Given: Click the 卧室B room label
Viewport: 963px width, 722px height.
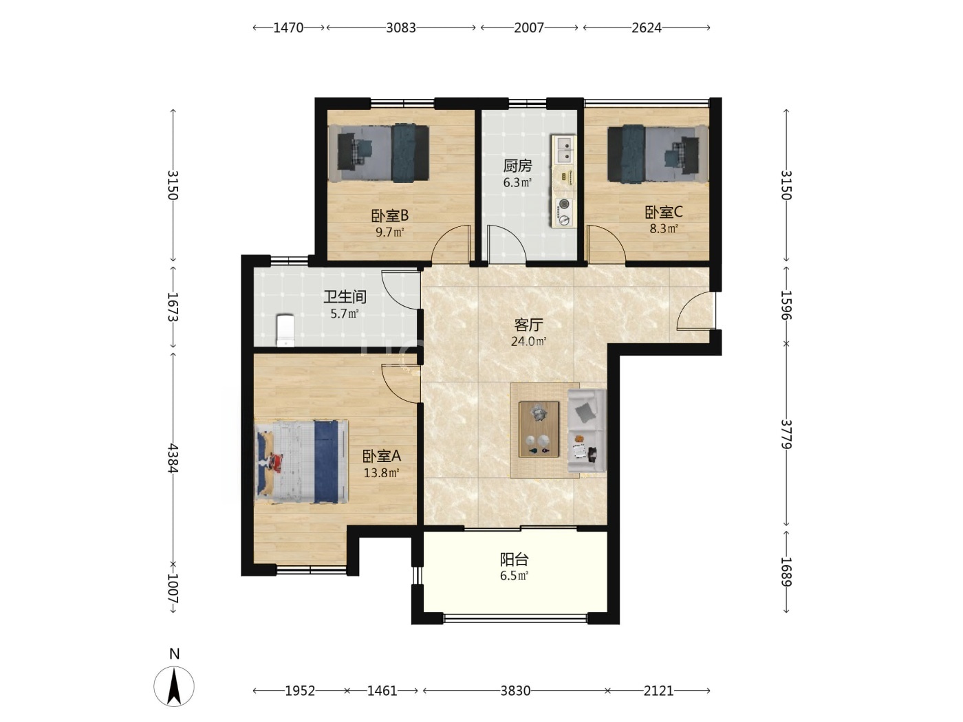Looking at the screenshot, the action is (389, 216).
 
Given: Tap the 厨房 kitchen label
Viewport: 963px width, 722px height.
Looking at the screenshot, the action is (517, 166).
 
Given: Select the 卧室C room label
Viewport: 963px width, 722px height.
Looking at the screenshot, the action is (663, 212).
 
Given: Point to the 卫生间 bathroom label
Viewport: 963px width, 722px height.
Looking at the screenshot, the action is (345, 297).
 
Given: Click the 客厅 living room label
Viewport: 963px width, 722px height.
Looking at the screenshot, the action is (528, 325).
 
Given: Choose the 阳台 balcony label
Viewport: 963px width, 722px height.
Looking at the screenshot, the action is (515, 559).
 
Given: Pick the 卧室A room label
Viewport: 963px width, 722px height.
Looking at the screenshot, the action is (382, 456).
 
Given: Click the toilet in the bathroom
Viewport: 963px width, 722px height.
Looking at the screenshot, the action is (285, 330).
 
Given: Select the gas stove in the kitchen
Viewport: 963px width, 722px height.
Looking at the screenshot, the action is (564, 212).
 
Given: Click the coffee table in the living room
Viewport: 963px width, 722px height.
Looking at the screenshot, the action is (539, 429).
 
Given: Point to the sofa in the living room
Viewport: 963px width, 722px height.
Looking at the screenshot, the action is (587, 430).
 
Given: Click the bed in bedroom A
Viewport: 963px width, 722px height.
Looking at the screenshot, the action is (302, 461).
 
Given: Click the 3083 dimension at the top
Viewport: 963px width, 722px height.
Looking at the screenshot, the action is (400, 28).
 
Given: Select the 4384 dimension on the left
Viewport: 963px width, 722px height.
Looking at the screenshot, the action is (173, 458).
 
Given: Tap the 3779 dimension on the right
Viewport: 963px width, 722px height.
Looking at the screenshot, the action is (786, 435).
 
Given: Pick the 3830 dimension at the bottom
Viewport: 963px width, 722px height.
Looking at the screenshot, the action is (515, 691).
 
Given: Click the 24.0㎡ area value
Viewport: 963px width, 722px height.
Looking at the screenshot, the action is (529, 342).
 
